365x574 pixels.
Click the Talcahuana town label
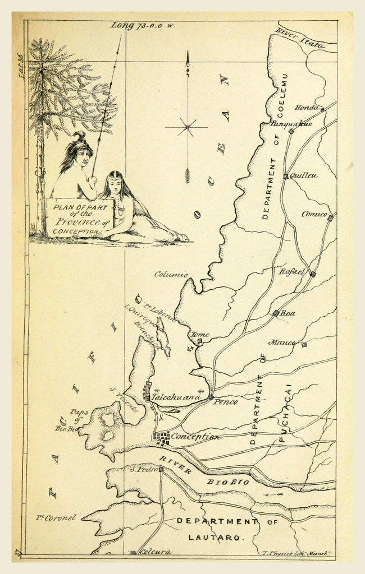coord(176,397)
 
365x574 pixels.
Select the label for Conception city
coord(195,437)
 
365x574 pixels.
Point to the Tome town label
coord(200,334)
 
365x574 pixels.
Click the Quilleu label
coord(304,175)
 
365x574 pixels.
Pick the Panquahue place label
coord(291,124)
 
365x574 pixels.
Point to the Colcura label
coord(155,552)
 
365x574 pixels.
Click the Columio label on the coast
coord(171,275)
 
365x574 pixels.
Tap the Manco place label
coord(282,342)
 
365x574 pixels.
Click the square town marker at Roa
coord(276,313)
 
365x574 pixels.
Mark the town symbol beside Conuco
coord(330,218)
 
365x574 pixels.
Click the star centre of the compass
coord(187,128)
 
